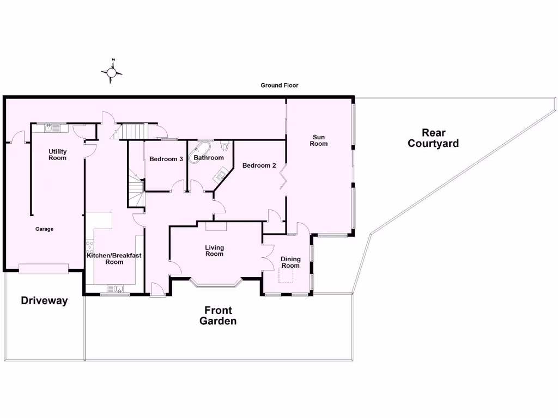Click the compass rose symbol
(112, 71)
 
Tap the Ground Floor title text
(279, 85)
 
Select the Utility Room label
(57, 155)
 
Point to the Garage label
(45, 229)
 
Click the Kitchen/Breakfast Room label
(114, 259)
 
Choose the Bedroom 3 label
(166, 159)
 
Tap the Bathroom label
(209, 158)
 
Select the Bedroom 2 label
(259, 165)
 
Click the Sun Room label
(319, 140)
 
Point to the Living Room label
(214, 251)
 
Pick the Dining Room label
(290, 262)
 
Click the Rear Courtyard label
(433, 138)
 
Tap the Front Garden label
(218, 316)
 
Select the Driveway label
(45, 300)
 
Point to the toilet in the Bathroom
(225, 146)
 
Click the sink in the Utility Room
(48, 128)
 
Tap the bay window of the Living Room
(215, 283)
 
